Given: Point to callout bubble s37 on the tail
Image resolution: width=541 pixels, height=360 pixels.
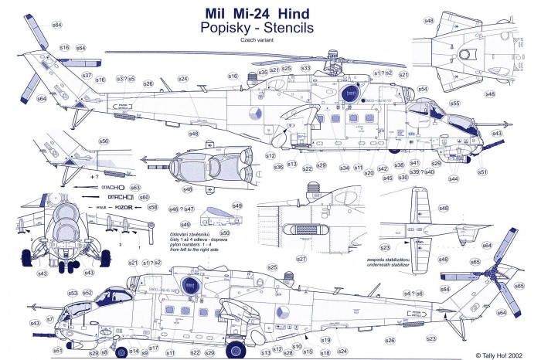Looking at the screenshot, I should point(87,76).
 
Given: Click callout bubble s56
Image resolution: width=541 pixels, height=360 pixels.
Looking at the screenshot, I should point(104,141).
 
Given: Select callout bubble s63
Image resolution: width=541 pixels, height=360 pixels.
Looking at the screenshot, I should point(134,187).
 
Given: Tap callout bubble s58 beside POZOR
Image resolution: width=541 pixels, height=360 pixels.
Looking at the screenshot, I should point(152,207).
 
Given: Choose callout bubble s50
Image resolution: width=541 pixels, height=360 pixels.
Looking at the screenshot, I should point(224,233).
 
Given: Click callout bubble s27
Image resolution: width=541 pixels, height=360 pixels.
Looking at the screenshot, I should point(302,258).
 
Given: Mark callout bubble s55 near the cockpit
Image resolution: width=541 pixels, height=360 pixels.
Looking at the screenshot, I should point(455,103).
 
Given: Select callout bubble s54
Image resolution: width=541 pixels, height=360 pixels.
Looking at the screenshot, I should point(423,89).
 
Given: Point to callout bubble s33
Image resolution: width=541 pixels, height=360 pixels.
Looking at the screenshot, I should point(306,68).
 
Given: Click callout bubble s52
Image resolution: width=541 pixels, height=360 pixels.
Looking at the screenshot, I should point(88,293).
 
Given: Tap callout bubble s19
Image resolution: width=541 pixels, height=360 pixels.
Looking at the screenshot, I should point(325,340).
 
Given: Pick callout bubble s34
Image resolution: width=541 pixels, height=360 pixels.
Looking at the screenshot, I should point(344,168).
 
